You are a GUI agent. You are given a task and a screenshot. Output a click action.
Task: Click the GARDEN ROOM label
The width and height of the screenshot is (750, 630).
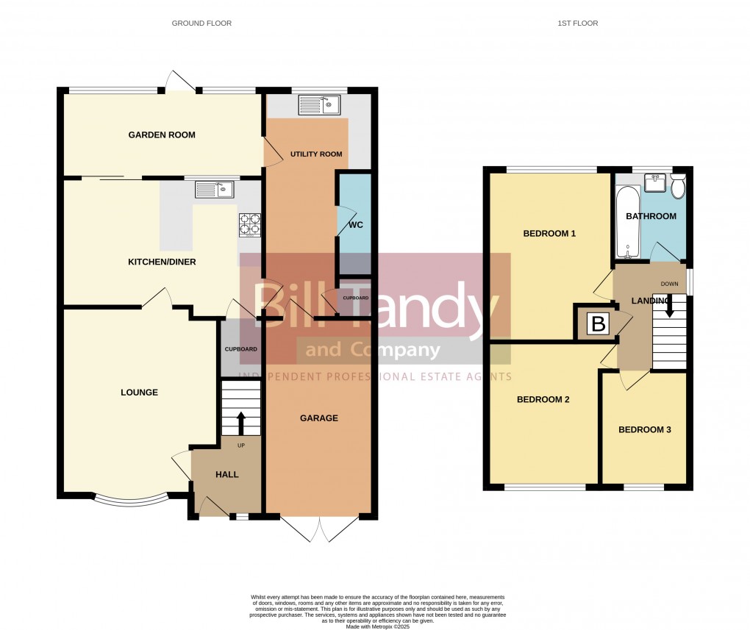point(162,135)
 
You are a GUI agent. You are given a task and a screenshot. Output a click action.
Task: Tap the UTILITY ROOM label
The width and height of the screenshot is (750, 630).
point(316,154)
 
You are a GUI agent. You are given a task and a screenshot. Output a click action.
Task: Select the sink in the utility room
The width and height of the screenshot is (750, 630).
point(318,106)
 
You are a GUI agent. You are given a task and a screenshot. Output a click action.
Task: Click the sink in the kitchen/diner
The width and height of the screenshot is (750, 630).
point(214,190)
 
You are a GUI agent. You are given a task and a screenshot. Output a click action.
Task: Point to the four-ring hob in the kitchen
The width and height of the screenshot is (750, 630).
point(250,224)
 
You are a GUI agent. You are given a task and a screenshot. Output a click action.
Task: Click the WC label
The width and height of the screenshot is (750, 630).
point(354,223)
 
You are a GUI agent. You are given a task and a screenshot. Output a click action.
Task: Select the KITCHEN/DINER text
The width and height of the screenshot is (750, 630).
point(162,262)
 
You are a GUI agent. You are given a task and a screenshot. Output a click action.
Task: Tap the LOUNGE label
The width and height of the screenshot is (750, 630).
point(139,393)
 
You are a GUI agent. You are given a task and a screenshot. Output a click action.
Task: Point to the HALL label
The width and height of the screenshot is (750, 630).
point(227,475)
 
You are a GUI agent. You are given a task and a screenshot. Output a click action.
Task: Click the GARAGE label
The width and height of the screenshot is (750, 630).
point(318,418)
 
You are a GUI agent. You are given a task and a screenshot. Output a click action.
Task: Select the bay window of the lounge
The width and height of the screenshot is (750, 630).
point(131,500)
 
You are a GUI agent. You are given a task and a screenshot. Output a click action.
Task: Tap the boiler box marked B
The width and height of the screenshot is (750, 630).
point(598,323)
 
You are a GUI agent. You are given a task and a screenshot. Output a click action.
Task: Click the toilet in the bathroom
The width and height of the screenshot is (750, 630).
point(677,186)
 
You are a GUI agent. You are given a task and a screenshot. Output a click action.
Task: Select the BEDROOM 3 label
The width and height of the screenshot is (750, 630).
point(644,430)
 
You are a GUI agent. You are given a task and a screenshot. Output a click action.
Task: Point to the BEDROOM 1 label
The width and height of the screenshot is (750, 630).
point(549,234)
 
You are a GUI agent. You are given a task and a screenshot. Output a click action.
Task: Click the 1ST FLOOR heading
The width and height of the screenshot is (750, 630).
point(577,24)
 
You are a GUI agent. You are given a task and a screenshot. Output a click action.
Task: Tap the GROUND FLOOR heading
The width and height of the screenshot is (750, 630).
point(201,24)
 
